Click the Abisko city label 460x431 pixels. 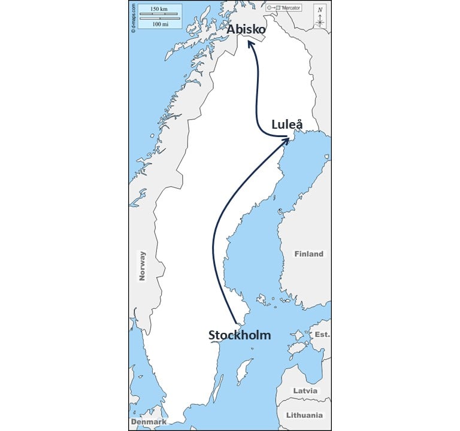[x=246, y=29]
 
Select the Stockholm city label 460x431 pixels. [x=239, y=335]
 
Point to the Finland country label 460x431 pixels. [x=308, y=254]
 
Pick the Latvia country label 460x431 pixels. [x=305, y=391]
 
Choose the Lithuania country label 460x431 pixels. [x=304, y=415]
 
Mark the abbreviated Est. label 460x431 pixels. [x=322, y=335]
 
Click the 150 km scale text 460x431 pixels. [x=159, y=9]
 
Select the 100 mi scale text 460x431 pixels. [x=159, y=24]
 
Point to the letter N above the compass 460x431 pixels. [x=320, y=10]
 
